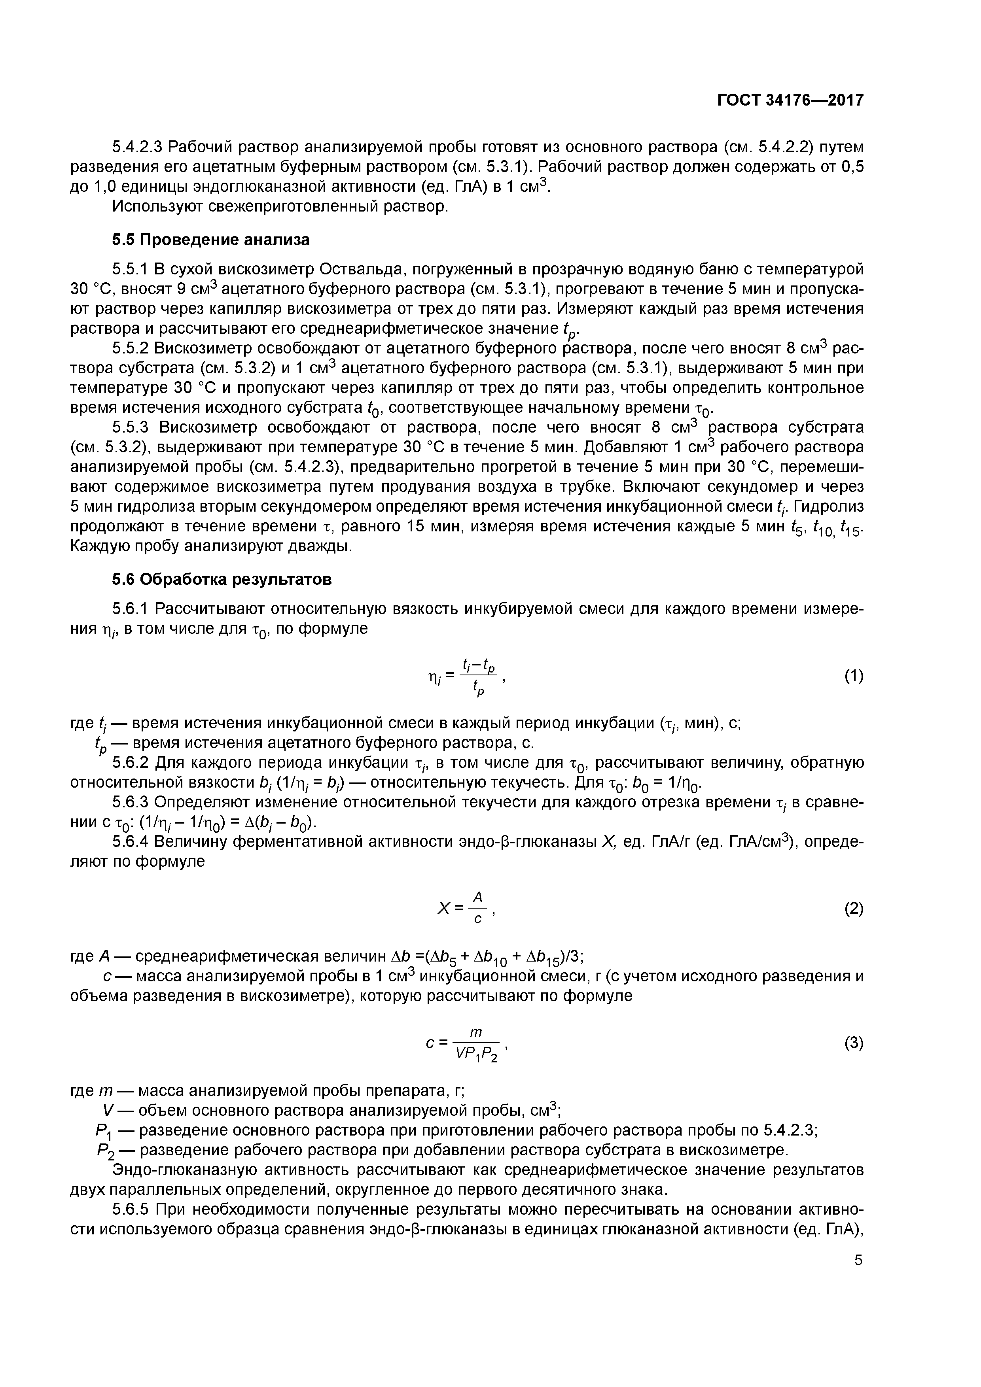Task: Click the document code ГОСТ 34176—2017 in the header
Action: click(x=790, y=100)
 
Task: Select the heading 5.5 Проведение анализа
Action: click(x=210, y=240)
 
